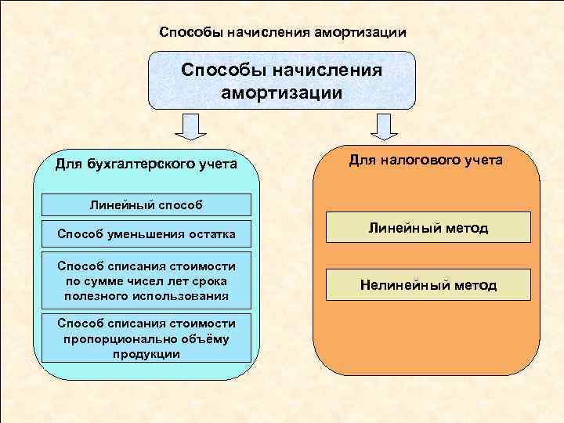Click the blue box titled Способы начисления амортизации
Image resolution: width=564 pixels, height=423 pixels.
(282, 80)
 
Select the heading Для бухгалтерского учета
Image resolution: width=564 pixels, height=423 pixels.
(146, 164)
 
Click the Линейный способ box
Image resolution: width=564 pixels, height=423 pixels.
(146, 205)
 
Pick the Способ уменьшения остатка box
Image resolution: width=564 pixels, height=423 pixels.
(146, 233)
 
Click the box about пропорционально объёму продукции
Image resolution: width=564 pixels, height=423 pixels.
(146, 338)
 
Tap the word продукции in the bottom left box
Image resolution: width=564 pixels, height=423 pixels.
(146, 354)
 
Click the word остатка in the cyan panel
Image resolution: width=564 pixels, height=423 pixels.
(211, 233)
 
